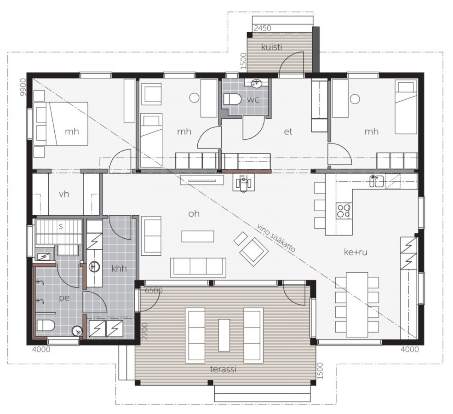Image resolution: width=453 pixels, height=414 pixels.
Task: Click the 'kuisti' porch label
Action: pos(271,47)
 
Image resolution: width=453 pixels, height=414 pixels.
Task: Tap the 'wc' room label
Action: pos(253,100)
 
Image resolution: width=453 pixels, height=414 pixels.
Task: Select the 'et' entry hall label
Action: pos(288,132)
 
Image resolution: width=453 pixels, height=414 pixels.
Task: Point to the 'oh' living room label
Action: pos(194,213)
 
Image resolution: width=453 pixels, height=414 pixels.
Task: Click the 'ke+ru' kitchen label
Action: pos(356,252)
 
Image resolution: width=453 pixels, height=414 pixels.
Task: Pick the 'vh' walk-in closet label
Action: pos(64,194)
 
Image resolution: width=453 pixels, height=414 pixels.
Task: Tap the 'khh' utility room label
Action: pos(119,269)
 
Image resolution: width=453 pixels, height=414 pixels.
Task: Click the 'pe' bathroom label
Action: pos(64,298)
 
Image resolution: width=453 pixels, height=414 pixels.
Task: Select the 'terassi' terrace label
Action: pos(223,369)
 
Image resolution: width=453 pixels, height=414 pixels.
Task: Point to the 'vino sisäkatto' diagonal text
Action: pos(275,238)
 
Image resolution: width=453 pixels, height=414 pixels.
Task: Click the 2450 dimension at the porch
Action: pos(263,28)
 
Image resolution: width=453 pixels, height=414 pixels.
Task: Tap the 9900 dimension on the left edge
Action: pos(23,87)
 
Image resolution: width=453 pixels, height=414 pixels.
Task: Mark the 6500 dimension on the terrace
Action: pos(154,290)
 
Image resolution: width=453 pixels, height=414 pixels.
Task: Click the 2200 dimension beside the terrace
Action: pos(145,331)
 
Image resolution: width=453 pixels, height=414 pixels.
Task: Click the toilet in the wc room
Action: pos(232,99)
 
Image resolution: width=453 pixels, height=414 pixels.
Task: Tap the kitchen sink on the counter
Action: pos(377,181)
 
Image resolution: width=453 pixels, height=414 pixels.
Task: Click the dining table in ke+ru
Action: pos(357,305)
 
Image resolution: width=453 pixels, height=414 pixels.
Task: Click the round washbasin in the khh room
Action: pos(94,267)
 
